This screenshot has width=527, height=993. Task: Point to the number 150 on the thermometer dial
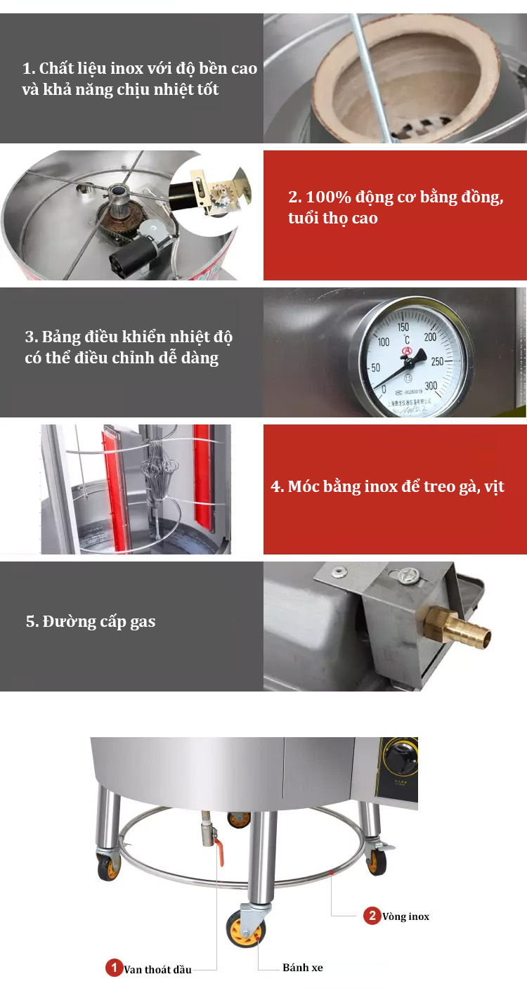(403, 327)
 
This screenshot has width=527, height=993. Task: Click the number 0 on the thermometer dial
(383, 389)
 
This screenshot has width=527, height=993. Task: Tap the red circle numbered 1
(114, 968)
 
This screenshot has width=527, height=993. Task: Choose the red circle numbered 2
(372, 915)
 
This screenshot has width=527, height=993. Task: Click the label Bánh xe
(303, 968)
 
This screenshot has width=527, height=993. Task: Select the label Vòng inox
(406, 916)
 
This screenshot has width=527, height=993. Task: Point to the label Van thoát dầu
(157, 970)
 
